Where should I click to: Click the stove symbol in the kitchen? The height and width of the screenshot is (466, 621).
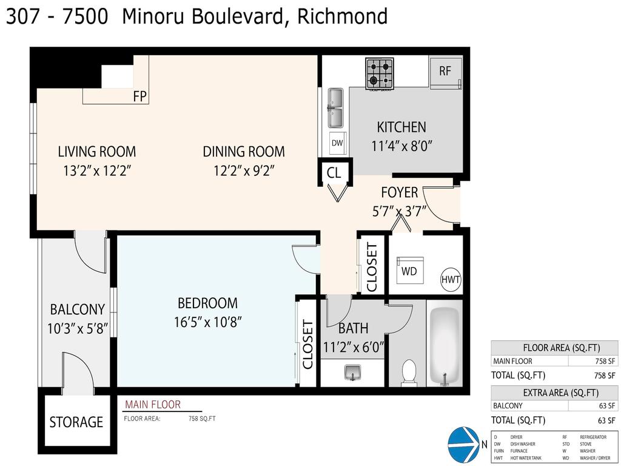pos(380,73)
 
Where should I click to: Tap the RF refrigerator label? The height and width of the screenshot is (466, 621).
pos(445,71)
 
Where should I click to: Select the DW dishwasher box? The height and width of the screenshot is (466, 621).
pos(337,143)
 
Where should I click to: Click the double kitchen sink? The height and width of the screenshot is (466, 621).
pos(335,108)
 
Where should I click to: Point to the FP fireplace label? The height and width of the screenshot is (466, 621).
pos(139,96)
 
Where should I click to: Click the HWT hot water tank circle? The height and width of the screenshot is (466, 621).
pos(451,280)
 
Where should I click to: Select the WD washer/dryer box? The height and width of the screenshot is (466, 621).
pos(409,271)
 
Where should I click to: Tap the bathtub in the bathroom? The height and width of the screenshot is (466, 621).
pos(445,346)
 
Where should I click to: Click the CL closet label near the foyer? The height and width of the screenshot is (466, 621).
pos(334,173)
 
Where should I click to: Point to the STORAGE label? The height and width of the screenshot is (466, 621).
pos(76,422)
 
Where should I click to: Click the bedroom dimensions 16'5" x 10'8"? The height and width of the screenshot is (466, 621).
pos(207,322)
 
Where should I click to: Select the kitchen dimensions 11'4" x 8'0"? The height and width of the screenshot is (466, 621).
pos(401,146)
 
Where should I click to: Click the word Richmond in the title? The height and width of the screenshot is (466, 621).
pos(342,16)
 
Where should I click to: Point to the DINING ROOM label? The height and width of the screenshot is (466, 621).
pos(244,152)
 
